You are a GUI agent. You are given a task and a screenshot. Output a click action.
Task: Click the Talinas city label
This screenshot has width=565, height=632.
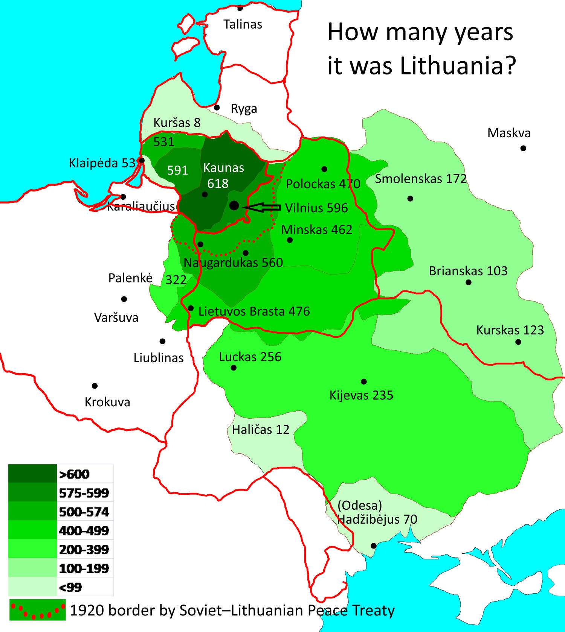(x=243, y=24)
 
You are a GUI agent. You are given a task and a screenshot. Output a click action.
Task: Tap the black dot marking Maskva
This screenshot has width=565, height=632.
(x=523, y=148)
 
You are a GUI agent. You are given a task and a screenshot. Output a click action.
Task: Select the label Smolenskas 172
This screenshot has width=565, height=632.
(x=421, y=179)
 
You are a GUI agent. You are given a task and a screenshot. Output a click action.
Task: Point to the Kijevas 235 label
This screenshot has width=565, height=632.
(x=361, y=395)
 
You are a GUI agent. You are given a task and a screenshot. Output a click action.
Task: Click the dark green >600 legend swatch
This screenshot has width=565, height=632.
(x=32, y=474)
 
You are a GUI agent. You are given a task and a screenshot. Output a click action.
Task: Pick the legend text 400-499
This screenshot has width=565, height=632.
(x=84, y=531)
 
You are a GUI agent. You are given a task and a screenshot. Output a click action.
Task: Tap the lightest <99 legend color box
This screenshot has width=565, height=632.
(x=32, y=587)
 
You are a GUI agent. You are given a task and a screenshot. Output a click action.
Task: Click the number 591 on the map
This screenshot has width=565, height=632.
(x=177, y=170)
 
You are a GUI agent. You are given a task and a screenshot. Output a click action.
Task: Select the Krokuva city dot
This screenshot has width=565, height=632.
(x=95, y=386)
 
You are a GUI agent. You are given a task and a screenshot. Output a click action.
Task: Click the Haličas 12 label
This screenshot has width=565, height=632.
(x=261, y=430)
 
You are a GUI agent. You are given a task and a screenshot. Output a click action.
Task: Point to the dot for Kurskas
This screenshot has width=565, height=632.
(x=518, y=342)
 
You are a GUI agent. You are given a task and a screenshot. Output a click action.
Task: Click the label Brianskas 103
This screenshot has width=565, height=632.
(x=468, y=271)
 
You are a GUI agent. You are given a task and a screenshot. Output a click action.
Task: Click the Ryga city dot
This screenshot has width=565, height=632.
(x=217, y=108)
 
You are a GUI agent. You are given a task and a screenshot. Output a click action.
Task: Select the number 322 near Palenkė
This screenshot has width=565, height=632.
(x=176, y=280)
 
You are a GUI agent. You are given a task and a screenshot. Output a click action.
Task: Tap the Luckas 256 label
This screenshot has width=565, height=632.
(x=250, y=357)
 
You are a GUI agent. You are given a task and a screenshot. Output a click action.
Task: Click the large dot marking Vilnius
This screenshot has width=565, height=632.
(x=234, y=205)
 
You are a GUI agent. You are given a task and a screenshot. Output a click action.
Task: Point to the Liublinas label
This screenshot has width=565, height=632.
(x=159, y=358)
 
